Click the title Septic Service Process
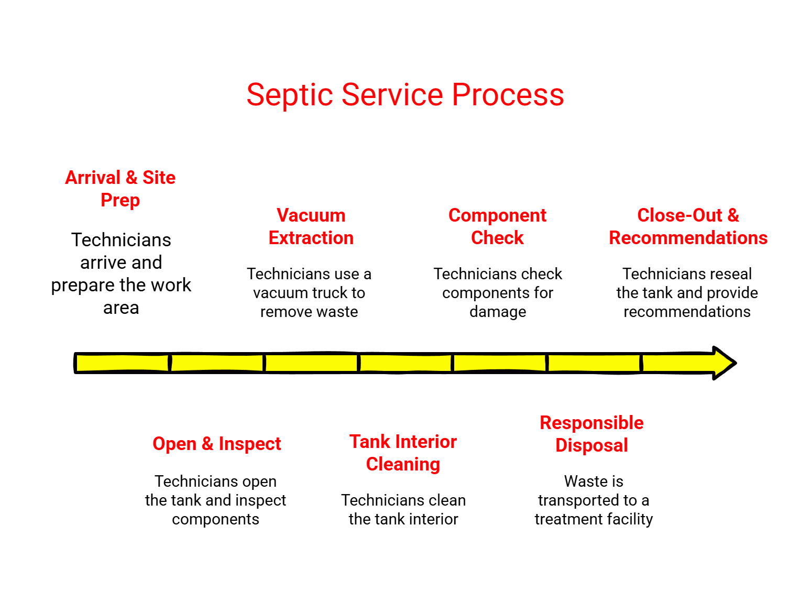tap(405, 95)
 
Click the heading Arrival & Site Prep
tap(120, 189)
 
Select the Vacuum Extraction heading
tap(311, 226)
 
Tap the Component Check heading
tap(497, 226)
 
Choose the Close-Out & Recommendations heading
tap(687, 226)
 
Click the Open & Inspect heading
tap(216, 444)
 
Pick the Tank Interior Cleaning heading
tap(403, 453)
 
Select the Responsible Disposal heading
tap(591, 434)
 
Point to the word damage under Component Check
tap(498, 312)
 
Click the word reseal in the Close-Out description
tap(727, 274)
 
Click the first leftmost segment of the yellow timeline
tap(123, 363)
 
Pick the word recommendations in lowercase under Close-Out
tap(687, 312)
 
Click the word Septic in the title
tap(290, 95)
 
